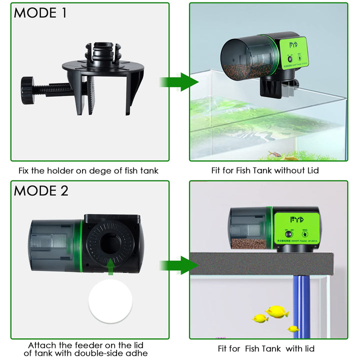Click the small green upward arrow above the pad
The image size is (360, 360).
[x=110, y=269]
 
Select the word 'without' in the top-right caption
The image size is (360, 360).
[x=283, y=171]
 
